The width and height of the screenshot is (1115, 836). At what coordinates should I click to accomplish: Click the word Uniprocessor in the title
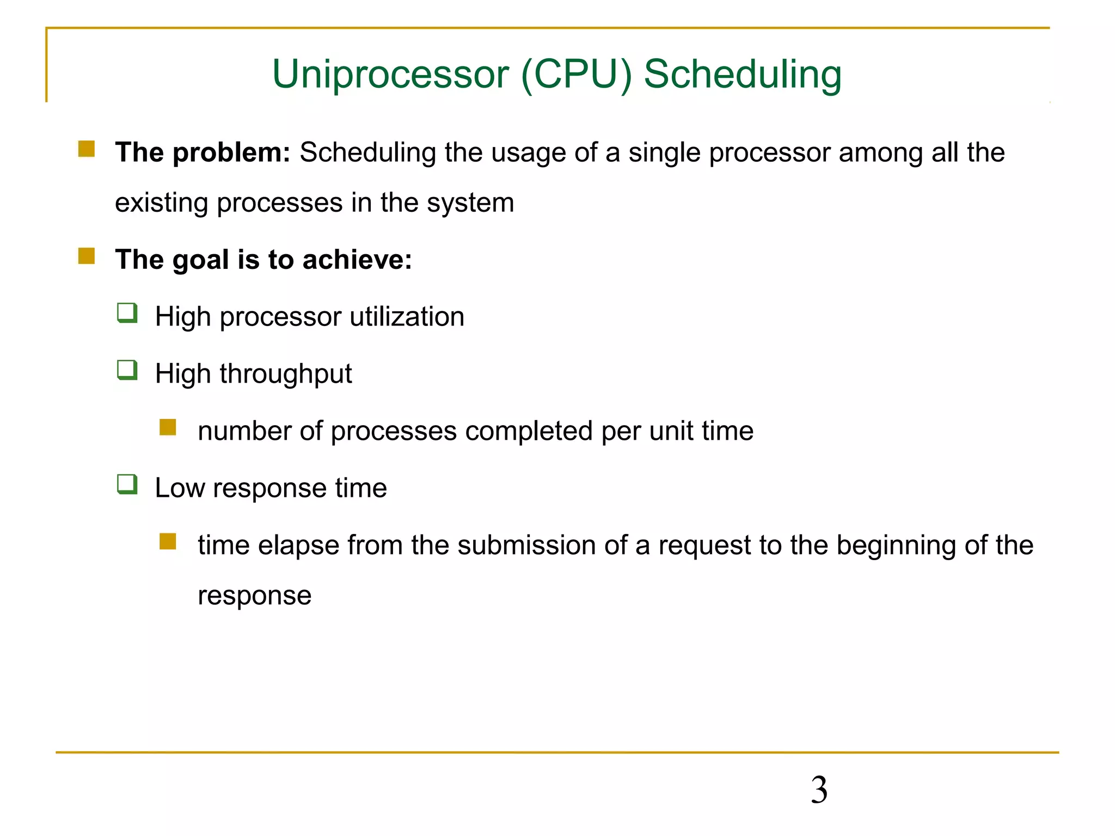pos(390,75)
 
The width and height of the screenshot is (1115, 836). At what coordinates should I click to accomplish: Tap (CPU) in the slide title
pos(577,75)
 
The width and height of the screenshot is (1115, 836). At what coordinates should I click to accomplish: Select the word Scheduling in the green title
pos(743,75)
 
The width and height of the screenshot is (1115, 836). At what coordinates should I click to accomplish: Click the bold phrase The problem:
pos(203,152)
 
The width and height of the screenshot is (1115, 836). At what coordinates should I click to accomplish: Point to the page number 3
pos(819,790)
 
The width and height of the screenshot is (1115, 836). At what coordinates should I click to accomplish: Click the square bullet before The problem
pos(87,149)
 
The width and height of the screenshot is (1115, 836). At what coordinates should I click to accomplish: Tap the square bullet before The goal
pos(87,256)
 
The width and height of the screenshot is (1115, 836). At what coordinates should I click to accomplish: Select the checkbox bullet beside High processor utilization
pos(127,313)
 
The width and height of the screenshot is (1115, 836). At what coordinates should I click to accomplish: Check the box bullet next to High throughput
pos(127,371)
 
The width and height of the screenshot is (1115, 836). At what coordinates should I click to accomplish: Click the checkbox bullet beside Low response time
pos(127,484)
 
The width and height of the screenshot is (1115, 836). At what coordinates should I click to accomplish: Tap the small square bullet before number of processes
pos(168,427)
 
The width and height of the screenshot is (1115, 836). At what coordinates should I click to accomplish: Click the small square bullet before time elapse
pos(168,542)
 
